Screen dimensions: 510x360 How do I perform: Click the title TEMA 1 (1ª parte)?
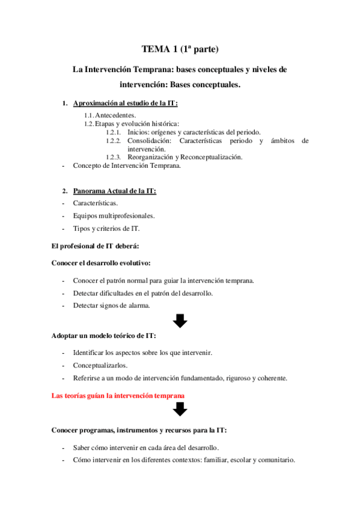point(180,49)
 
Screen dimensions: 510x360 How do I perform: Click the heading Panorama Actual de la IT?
point(115,191)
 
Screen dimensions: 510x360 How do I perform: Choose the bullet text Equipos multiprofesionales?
point(113,215)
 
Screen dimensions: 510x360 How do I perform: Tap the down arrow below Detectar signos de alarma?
point(180,320)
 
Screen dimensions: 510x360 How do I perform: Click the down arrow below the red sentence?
point(180,410)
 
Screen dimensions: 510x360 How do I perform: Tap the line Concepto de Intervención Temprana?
point(126,165)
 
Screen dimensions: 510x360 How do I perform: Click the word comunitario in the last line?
point(274,460)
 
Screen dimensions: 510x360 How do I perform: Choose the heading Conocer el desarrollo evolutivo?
point(101,263)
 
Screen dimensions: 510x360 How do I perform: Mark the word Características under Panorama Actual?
point(95,203)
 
